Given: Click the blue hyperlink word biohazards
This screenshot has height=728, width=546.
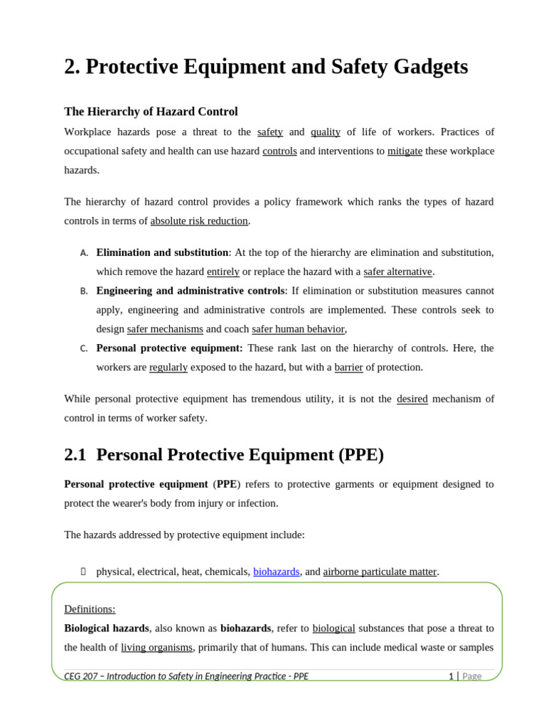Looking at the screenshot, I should [x=276, y=572].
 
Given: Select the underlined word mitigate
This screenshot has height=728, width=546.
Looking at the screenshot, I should [x=405, y=151].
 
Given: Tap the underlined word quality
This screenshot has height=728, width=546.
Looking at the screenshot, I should [x=326, y=132].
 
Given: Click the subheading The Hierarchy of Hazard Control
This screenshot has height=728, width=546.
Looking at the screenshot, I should [x=151, y=112].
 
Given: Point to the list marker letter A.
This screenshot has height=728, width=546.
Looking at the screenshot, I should [x=84, y=253].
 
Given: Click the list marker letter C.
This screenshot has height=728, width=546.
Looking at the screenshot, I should [x=84, y=348].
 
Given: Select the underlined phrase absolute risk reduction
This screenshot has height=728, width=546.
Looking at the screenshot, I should [x=199, y=220].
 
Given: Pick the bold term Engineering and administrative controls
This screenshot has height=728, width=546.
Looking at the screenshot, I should [x=191, y=291].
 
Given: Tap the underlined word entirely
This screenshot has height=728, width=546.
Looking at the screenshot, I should [x=223, y=272].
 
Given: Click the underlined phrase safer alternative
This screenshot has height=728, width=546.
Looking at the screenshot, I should [x=397, y=272].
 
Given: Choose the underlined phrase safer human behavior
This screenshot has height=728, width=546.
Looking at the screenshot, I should [x=298, y=329].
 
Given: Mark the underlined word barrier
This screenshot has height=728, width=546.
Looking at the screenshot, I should [x=348, y=368].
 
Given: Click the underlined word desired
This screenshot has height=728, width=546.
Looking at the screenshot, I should [x=412, y=399].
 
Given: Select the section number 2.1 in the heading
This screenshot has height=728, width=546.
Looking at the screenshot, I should [x=75, y=455].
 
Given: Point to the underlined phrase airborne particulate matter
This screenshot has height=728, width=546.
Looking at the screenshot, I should [x=380, y=572].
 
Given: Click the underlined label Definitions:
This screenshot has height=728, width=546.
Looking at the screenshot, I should [x=90, y=609].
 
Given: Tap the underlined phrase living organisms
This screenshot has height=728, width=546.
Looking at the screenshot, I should [x=156, y=648].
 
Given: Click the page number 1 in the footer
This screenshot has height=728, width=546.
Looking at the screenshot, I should [x=451, y=676].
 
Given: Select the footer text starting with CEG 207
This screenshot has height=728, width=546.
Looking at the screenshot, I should [x=186, y=676].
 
